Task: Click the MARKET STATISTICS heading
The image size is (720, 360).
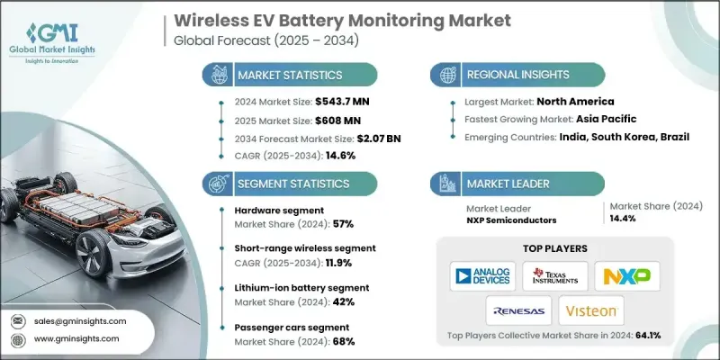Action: click(288, 75)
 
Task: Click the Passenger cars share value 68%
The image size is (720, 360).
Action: click(343, 342)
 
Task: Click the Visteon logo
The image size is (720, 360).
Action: click(590, 310)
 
